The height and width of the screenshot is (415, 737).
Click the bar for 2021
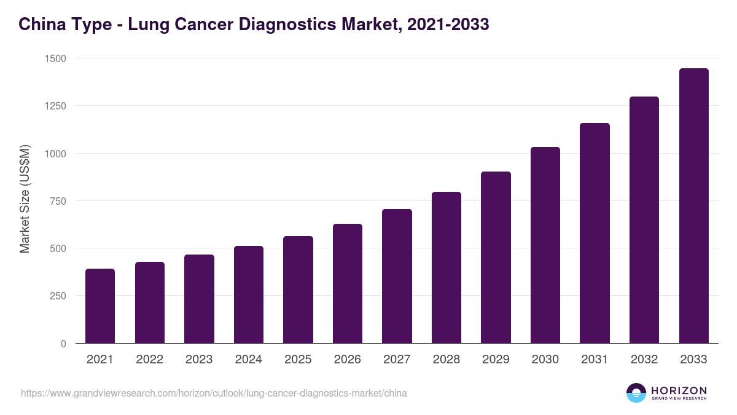[x=100, y=306]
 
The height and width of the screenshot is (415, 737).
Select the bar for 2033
[x=693, y=205]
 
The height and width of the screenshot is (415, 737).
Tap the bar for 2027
[x=397, y=276]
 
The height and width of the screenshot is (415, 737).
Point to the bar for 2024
[x=249, y=294]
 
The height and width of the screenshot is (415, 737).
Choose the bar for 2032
[x=644, y=219]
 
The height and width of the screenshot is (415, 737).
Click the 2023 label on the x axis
[x=199, y=360]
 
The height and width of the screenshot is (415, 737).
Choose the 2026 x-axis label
[x=348, y=360]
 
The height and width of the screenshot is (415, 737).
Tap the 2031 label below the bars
[x=595, y=360]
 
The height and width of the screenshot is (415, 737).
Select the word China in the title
[x=40, y=25]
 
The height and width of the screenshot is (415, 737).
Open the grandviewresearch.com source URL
[x=214, y=393]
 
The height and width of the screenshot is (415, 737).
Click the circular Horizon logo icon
[x=636, y=393]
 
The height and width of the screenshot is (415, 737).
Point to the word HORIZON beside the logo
[x=679, y=390]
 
